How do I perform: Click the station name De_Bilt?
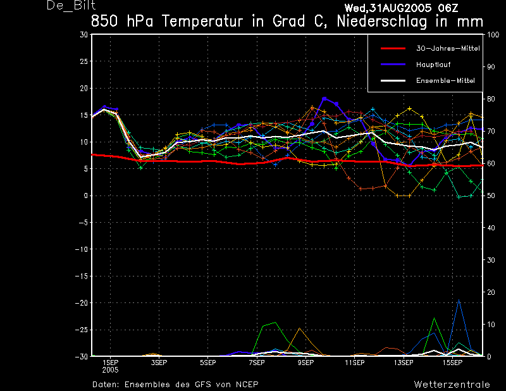(x=71, y=6)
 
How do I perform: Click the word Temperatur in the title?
(x=202, y=22)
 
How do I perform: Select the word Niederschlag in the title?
(x=382, y=22)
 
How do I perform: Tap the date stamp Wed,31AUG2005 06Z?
(x=401, y=8)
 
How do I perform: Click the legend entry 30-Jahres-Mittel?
(x=448, y=49)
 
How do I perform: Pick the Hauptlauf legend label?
(x=433, y=65)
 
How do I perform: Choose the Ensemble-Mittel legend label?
(x=445, y=81)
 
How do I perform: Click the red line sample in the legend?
(x=393, y=49)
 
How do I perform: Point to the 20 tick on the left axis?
(x=84, y=88)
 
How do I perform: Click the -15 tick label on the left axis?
(x=82, y=276)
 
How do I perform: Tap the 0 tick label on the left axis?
(x=86, y=195)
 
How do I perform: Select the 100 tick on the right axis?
(x=493, y=35)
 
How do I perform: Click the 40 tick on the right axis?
(x=491, y=228)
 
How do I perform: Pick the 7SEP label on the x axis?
(x=257, y=363)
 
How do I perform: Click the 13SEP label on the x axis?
(x=404, y=363)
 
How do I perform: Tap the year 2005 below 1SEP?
(x=110, y=370)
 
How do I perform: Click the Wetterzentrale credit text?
(x=452, y=385)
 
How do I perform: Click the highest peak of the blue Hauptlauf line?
(x=324, y=99)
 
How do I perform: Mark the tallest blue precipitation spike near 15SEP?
(x=459, y=301)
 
